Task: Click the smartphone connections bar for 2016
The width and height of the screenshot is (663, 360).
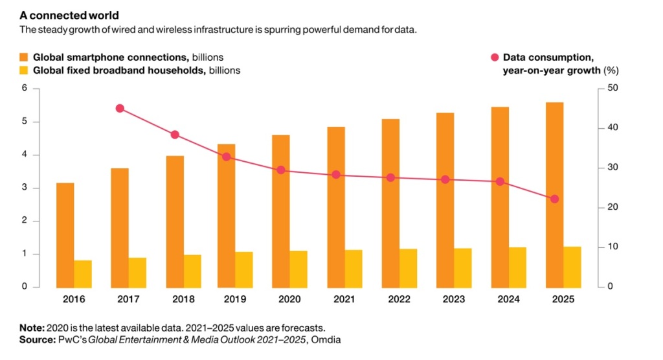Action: pyautogui.click(x=65, y=235)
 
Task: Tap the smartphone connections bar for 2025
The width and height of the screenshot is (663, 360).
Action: pyautogui.click(x=555, y=194)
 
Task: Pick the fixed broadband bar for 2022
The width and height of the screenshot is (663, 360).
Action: pyautogui.click(x=409, y=268)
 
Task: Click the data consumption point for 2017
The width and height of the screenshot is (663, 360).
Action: pyautogui.click(x=120, y=108)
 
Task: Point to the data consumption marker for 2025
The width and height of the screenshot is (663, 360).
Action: pyautogui.click(x=554, y=199)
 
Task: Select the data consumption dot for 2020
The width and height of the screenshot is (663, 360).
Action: pyautogui.click(x=281, y=170)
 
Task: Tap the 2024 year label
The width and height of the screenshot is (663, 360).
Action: pyautogui.click(x=508, y=299)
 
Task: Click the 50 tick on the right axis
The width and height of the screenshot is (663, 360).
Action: pyautogui.click(x=612, y=88)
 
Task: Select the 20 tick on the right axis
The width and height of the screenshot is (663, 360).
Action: pyautogui.click(x=612, y=208)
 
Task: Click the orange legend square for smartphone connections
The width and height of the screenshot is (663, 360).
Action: pyautogui.click(x=23, y=57)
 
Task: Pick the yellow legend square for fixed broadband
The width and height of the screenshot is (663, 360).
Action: pyautogui.click(x=23, y=70)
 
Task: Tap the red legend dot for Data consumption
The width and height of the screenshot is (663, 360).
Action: pyautogui.click(x=494, y=58)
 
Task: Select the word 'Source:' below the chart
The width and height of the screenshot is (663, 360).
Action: pyautogui.click(x=36, y=339)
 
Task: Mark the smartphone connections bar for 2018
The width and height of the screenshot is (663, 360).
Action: pyautogui.click(x=175, y=221)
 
